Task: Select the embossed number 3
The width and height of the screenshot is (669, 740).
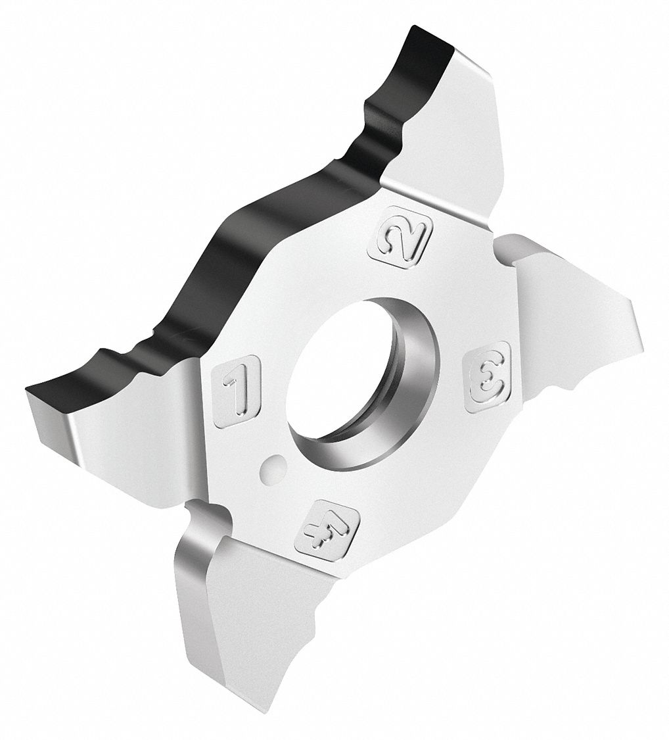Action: click(488, 372)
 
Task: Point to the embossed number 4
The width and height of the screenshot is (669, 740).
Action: click(327, 529)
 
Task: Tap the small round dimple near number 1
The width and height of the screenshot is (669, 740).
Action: click(273, 463)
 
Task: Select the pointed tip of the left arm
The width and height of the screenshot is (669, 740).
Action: click(28, 388)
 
